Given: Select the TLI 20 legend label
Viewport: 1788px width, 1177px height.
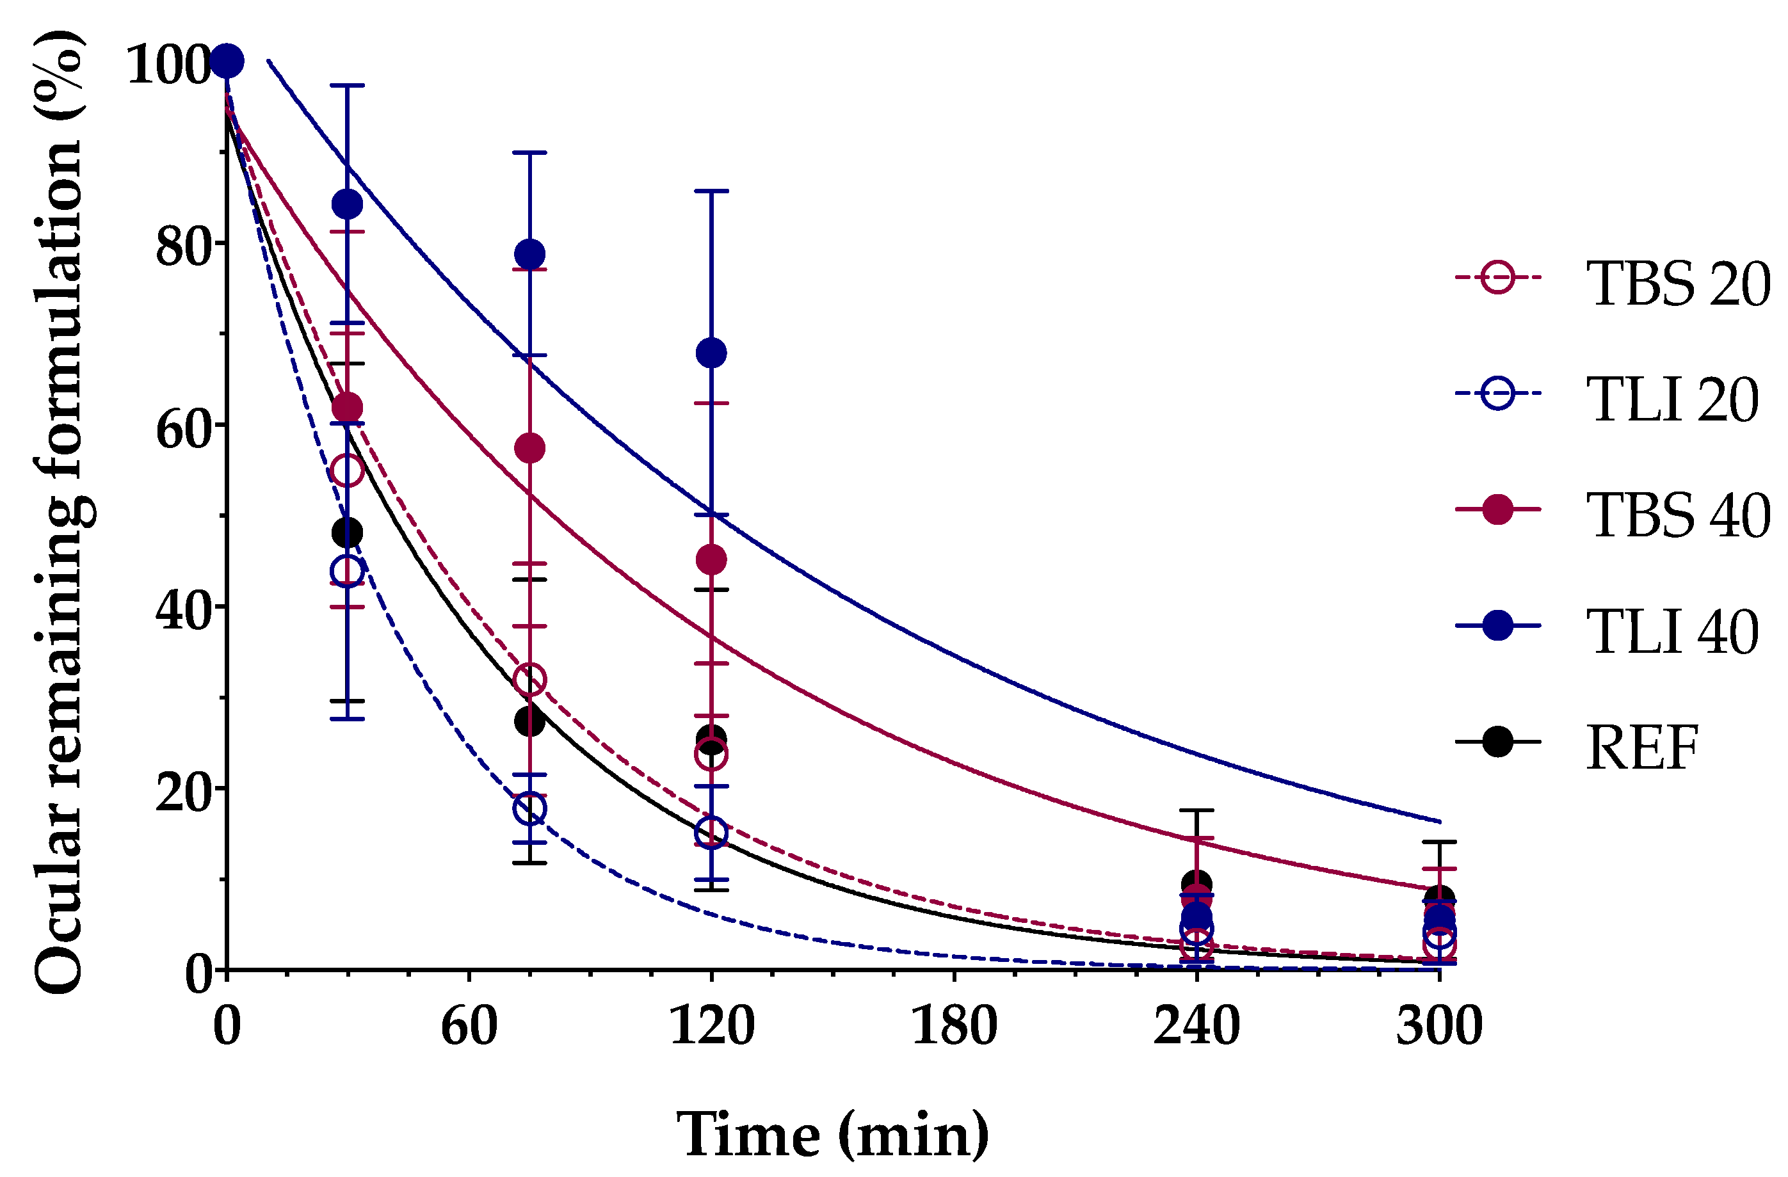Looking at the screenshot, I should pyautogui.click(x=1671, y=401).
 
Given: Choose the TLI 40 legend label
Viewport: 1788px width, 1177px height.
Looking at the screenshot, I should pyautogui.click(x=1671, y=632).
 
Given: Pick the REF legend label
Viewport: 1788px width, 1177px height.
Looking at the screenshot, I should pyautogui.click(x=1642, y=748).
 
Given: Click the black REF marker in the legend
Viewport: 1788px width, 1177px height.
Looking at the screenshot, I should pyautogui.click(x=1497, y=742).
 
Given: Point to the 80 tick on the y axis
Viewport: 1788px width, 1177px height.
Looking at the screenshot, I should pyautogui.click(x=182, y=246).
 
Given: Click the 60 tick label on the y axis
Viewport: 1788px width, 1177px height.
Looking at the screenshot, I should pyautogui.click(x=182, y=428).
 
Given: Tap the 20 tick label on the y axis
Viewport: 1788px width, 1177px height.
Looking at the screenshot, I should pyautogui.click(x=182, y=792).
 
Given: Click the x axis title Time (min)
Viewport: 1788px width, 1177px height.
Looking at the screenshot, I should pyautogui.click(x=832, y=1134).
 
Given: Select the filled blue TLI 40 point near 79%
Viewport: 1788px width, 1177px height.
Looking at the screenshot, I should pyautogui.click(x=529, y=255).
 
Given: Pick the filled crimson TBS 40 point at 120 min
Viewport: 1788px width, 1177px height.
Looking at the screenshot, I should pyautogui.click(x=711, y=559).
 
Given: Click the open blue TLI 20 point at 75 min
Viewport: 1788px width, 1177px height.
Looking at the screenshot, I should pyautogui.click(x=529, y=809).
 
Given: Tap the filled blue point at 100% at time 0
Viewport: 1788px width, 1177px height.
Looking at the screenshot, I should pyautogui.click(x=227, y=61).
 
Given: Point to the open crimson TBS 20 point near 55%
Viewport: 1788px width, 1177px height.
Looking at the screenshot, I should pyautogui.click(x=347, y=471).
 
